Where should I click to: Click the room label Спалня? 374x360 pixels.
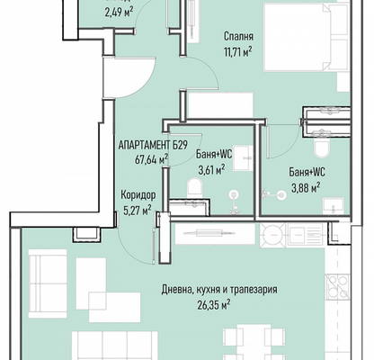(238, 37)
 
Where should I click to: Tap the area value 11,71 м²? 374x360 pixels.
(237, 52)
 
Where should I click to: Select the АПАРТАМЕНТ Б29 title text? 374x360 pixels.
(153, 145)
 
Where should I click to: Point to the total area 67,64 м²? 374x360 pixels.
(151, 158)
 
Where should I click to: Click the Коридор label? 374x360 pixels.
(138, 195)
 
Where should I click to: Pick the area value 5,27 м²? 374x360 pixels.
(138, 210)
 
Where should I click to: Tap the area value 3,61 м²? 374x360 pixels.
(211, 170)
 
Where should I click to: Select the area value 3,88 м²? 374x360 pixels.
(306, 187)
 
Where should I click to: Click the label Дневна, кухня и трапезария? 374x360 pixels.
(219, 290)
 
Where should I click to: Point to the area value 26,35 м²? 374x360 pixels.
(214, 304)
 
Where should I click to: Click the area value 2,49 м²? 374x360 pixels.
(119, 13)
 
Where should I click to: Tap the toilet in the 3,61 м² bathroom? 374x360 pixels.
(195, 188)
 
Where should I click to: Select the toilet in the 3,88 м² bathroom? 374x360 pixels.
(322, 147)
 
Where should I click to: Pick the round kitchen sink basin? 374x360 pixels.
(272, 236)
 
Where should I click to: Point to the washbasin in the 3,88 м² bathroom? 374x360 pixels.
(334, 206)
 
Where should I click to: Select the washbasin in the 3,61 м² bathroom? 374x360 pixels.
(244, 158)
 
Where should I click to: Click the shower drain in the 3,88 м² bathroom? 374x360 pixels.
(281, 195)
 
